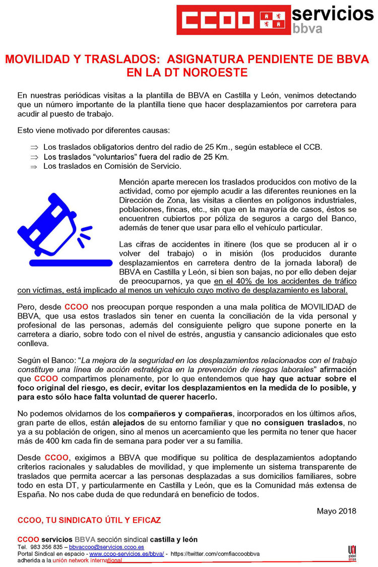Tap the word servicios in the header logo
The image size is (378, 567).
tap(333, 12)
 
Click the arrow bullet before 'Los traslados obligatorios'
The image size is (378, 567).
tap(34, 147)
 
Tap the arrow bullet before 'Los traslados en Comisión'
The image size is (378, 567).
tap(34, 166)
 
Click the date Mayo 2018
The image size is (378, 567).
tap(336, 511)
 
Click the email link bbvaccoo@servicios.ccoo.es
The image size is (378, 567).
tap(106, 547)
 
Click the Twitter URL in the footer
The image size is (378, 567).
tap(215, 553)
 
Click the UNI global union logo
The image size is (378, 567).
tap(352, 551)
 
